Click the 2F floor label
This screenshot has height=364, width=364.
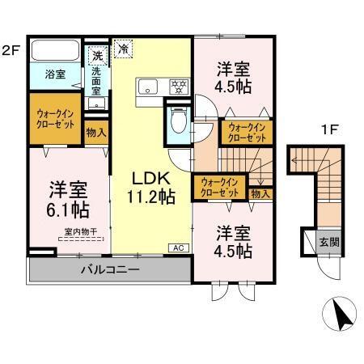(11, 49)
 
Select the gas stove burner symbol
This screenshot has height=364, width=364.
(177, 85)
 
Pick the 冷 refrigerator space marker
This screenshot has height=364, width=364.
(124, 49)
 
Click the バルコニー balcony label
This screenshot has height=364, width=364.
(110, 269)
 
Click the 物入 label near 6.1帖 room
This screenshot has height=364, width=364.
(95, 132)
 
